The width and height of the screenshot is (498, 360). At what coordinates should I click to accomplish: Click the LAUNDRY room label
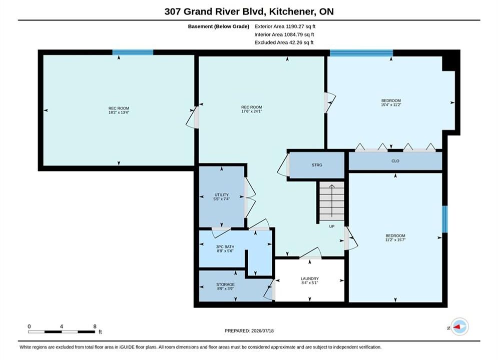(310, 278)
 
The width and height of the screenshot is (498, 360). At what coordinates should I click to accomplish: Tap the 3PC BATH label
(225, 247)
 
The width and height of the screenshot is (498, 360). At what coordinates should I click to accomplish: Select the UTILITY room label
(221, 194)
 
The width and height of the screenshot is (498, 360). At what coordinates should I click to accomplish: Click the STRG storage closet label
(317, 165)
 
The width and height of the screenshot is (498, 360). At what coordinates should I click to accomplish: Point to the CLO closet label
(395, 161)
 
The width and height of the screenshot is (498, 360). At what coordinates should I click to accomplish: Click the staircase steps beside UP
(331, 201)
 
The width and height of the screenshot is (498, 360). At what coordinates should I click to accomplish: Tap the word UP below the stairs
(331, 226)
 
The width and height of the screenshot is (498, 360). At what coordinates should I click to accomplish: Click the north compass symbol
(459, 326)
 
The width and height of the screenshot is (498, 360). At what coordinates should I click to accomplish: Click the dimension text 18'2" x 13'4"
(119, 112)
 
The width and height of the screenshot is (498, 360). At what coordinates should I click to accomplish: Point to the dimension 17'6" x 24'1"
(252, 111)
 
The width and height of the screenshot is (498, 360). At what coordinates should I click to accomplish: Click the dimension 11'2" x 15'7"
(395, 240)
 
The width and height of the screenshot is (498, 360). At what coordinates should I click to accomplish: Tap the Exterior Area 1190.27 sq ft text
(285, 26)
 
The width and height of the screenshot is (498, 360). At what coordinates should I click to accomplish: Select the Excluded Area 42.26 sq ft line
(284, 42)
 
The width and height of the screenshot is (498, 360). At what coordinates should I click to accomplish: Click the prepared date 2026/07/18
(262, 331)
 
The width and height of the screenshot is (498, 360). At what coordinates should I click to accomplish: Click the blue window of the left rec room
(133, 52)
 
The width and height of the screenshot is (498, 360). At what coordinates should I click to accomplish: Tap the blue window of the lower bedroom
(445, 219)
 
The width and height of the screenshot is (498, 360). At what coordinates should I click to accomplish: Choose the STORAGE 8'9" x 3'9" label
(226, 286)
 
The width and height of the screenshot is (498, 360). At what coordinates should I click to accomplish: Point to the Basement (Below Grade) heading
(219, 26)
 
